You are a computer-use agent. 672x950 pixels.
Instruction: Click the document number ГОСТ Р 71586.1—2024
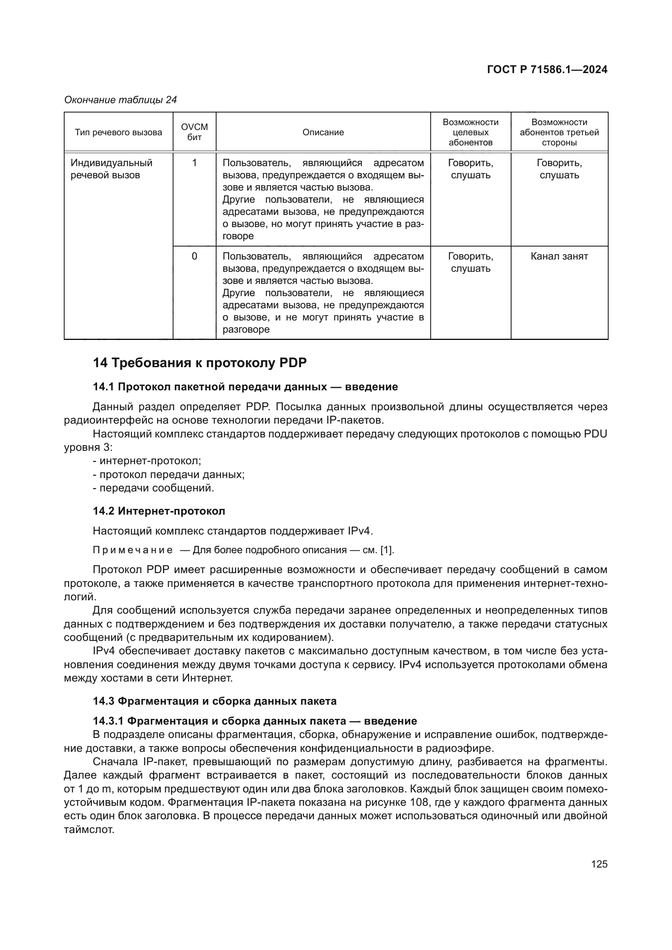pyautogui.click(x=547, y=69)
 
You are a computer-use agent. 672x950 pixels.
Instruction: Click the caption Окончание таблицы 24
pyautogui.click(x=120, y=100)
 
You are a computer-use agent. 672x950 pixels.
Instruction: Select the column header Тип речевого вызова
pyautogui.click(x=118, y=132)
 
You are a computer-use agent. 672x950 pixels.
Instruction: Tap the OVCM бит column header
pyautogui.click(x=195, y=132)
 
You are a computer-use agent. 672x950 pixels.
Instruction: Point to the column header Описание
pyautogui.click(x=323, y=132)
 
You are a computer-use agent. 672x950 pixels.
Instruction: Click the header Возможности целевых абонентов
pyautogui.click(x=470, y=132)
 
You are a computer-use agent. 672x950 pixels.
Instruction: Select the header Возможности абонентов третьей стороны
pyautogui.click(x=559, y=132)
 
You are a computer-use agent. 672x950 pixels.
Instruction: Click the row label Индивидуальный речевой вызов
pyautogui.click(x=111, y=169)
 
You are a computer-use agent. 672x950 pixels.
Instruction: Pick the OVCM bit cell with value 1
pyautogui.click(x=195, y=163)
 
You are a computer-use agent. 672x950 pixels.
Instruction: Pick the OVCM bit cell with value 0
pyautogui.click(x=195, y=257)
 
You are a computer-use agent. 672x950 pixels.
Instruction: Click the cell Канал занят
pyautogui.click(x=559, y=257)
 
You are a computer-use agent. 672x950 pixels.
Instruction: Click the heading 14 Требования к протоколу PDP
pyautogui.click(x=199, y=363)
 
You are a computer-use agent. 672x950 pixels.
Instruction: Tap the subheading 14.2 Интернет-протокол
pyautogui.click(x=159, y=511)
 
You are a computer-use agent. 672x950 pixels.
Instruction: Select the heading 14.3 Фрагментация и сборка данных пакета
pyautogui.click(x=215, y=701)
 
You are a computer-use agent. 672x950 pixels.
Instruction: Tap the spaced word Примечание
pyautogui.click(x=132, y=550)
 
